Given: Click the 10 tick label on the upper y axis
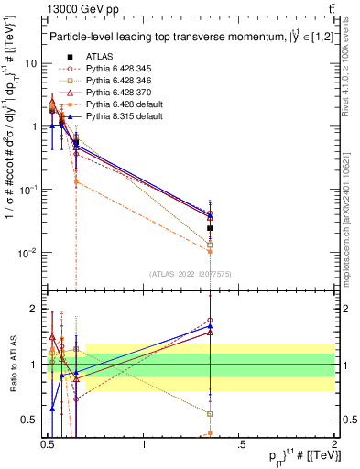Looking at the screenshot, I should click(30, 63).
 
